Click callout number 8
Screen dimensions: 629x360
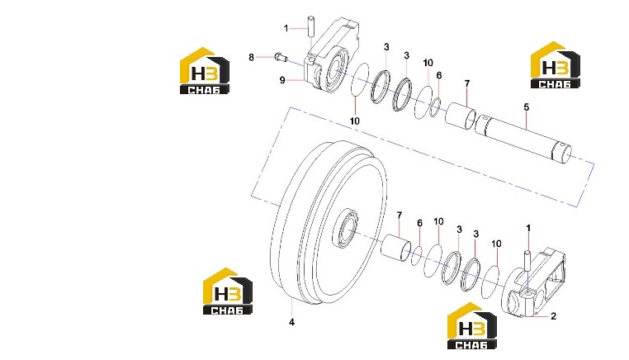(x=251, y=58)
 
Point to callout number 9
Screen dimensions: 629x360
(x=282, y=80)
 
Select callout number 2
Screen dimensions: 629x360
(x=554, y=316)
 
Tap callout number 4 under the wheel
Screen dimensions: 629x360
(x=291, y=322)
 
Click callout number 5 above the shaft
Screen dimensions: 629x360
(x=527, y=107)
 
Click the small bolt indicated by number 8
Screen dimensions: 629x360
(x=281, y=58)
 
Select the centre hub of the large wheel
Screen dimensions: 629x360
(x=346, y=228)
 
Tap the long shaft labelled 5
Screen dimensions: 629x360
(x=524, y=137)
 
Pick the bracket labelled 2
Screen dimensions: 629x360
(x=534, y=284)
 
